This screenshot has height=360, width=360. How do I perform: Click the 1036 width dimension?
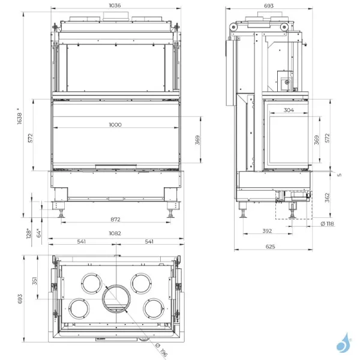(x=115, y=5)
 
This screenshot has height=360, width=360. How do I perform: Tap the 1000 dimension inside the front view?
(x=115, y=125)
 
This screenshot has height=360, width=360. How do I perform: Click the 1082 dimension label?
(x=115, y=233)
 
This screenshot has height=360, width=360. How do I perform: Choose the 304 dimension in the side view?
(x=288, y=110)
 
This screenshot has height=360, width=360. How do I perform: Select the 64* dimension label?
(x=38, y=232)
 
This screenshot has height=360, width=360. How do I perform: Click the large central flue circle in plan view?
(x=115, y=300)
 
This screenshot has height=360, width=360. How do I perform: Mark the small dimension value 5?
(x=338, y=175)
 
